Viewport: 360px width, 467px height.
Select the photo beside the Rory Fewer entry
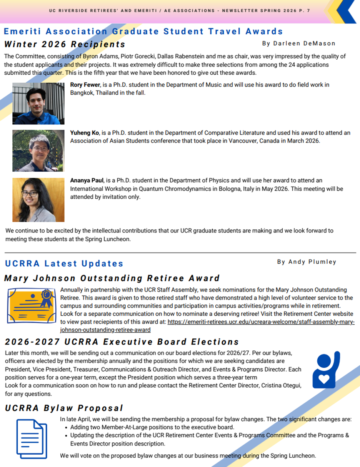[x=38, y=103]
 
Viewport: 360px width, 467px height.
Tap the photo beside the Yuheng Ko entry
[x=38, y=151]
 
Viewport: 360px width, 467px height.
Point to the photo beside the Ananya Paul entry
[x=38, y=199]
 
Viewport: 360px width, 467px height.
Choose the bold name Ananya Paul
[x=86, y=180]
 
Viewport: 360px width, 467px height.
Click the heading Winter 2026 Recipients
[x=65, y=44]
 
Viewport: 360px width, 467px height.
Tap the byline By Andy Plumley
[x=307, y=262]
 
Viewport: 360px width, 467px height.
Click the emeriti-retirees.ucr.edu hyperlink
[x=261, y=323]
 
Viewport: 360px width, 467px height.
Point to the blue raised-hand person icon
[x=326, y=369]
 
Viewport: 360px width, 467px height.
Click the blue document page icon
[x=32, y=439]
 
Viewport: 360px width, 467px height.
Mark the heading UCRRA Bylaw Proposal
[x=64, y=408]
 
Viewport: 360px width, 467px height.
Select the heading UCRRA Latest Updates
[x=64, y=264]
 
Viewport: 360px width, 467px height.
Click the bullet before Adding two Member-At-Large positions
[x=67, y=427]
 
